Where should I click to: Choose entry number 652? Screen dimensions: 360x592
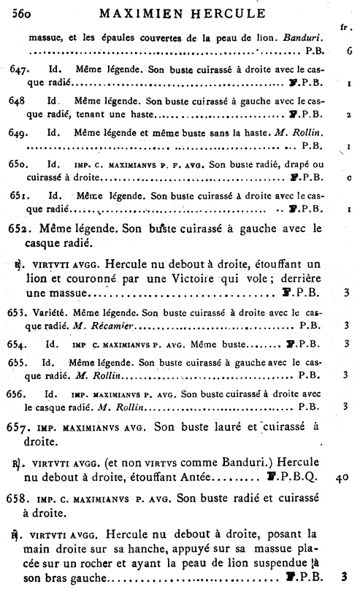pos(21,228)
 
